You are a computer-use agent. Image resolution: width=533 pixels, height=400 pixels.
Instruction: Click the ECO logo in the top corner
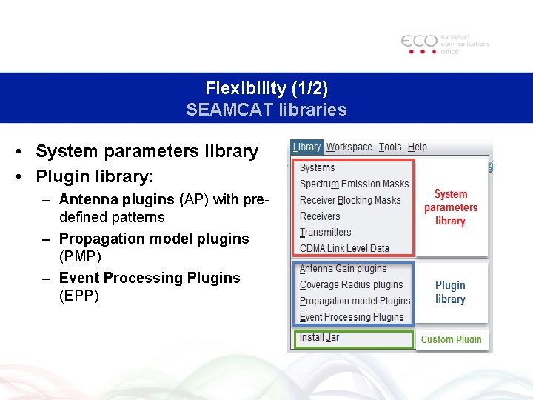pyautogui.click(x=445, y=44)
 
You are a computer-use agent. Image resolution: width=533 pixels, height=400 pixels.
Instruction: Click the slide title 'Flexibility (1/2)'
pyautogui.click(x=266, y=88)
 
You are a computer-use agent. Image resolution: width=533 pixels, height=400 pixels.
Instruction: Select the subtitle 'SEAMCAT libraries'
pyautogui.click(x=266, y=110)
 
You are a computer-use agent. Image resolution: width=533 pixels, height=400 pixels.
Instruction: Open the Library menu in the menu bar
pyautogui.click(x=306, y=147)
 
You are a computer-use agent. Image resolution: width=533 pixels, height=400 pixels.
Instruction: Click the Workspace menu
pyautogui.click(x=349, y=147)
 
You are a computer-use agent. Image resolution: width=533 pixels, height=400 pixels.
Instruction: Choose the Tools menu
pyautogui.click(x=390, y=147)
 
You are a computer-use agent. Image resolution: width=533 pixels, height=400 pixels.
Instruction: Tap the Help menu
pyautogui.click(x=418, y=147)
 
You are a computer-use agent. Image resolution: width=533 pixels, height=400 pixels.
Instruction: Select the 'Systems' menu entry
pyautogui.click(x=318, y=168)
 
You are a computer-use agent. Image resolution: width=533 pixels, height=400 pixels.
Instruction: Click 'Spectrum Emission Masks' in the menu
pyautogui.click(x=354, y=184)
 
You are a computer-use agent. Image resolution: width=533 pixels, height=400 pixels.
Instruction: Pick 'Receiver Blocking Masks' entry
pyautogui.click(x=350, y=200)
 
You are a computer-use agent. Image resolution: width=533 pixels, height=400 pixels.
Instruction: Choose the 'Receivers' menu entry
pyautogui.click(x=320, y=216)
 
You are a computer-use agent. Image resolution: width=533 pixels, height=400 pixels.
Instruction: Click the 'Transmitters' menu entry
pyautogui.click(x=325, y=232)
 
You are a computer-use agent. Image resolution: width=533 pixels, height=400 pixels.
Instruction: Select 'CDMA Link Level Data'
pyautogui.click(x=344, y=248)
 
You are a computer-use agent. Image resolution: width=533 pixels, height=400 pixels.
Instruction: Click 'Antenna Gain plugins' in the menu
pyautogui.click(x=343, y=268)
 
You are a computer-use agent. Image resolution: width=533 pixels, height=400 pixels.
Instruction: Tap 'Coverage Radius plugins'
pyautogui.click(x=351, y=284)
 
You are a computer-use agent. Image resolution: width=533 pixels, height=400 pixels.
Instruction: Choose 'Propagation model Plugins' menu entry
pyautogui.click(x=355, y=301)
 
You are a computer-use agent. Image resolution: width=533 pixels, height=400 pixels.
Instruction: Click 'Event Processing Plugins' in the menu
pyautogui.click(x=352, y=317)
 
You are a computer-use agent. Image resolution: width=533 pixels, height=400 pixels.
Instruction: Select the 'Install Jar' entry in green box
pyautogui.click(x=319, y=338)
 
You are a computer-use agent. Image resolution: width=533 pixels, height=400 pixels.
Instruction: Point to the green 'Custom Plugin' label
pyautogui.click(x=451, y=339)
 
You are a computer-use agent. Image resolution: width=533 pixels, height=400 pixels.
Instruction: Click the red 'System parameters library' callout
pyautogui.click(x=450, y=207)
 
